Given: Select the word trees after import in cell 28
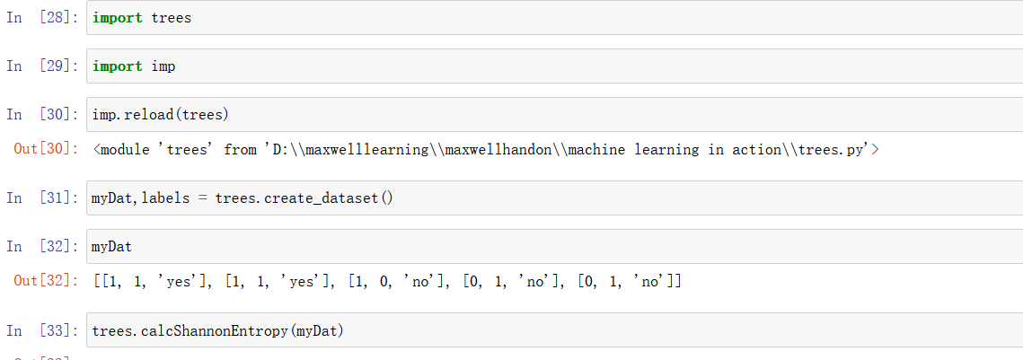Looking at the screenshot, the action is tap(171, 18).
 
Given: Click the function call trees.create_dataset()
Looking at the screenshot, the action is tap(304, 198).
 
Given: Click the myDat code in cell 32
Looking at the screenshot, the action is tap(111, 247).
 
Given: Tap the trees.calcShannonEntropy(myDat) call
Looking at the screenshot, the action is tap(218, 331).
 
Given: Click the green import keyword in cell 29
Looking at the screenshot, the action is tap(117, 66).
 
